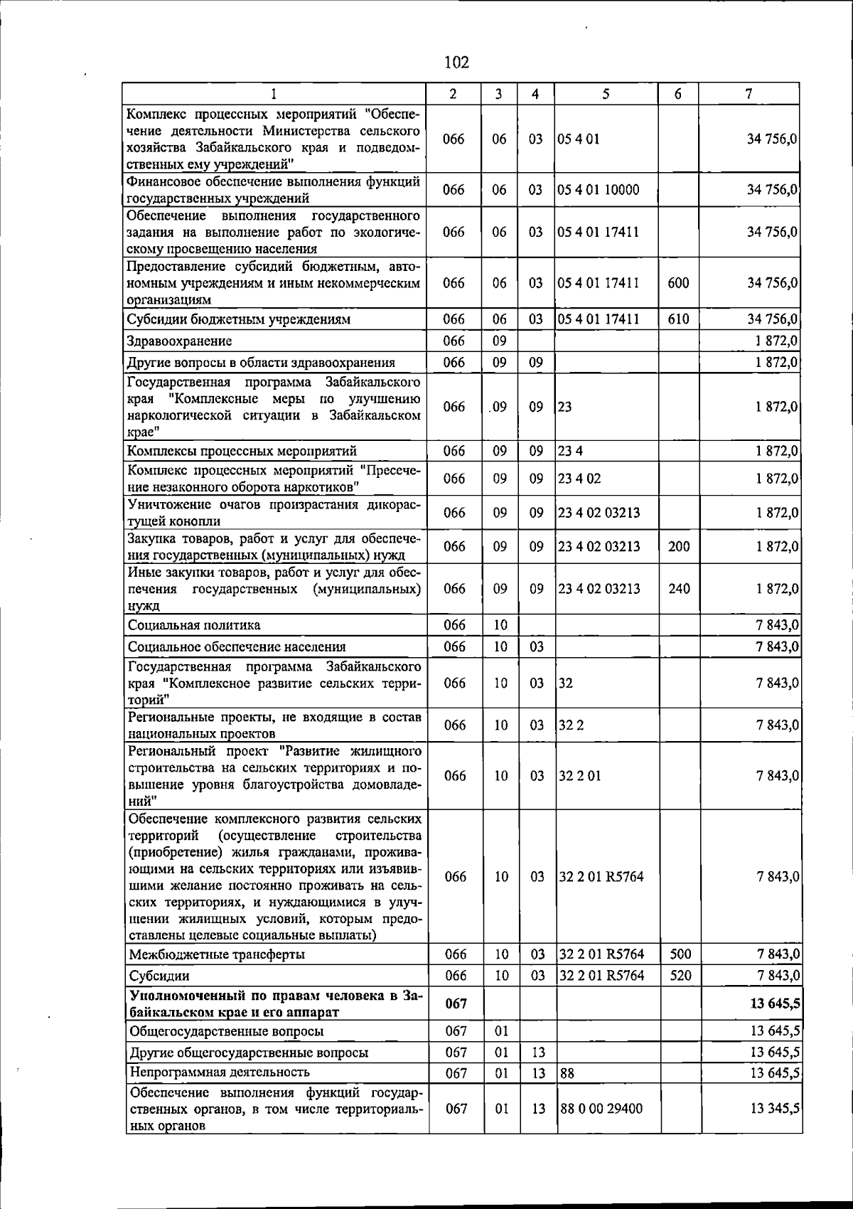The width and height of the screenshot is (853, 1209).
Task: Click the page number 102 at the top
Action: point(456,63)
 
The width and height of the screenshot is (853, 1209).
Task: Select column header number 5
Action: point(605,94)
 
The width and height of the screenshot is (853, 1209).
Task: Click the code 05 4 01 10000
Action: point(599,190)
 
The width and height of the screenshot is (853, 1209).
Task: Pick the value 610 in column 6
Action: point(678,319)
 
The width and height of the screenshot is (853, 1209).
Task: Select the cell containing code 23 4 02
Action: point(579,479)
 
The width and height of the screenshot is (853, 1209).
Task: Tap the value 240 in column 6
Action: point(679,589)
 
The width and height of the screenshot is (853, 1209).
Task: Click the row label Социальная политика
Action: point(194,625)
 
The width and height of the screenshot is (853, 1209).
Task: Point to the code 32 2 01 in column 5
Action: point(579,776)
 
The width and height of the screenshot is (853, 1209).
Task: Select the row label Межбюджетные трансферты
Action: point(217,954)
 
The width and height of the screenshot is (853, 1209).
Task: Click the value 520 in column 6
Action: point(680,976)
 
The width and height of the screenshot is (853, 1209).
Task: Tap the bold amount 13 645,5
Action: point(775,1003)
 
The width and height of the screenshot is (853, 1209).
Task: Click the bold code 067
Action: point(456,1003)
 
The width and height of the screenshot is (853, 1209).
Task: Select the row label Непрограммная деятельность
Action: point(219,1072)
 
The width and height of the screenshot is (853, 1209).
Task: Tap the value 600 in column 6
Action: point(678,283)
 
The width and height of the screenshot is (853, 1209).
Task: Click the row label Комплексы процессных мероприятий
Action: point(242,451)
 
